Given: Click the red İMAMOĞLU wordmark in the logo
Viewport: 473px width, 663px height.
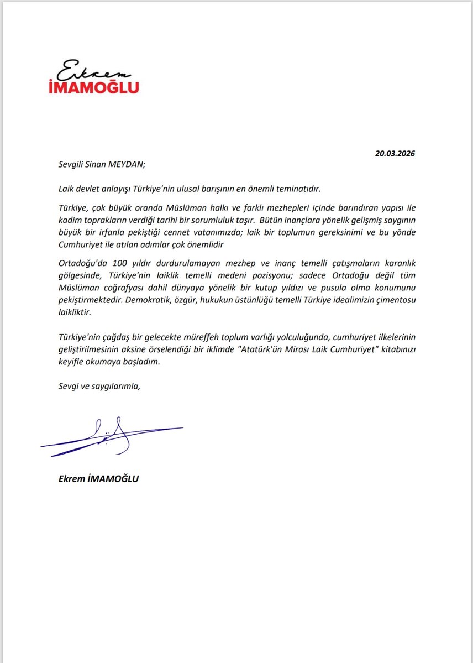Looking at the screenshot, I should tap(98, 86).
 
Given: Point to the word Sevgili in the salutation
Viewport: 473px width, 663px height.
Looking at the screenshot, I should tap(72, 163).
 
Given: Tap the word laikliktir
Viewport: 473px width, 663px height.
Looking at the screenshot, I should tap(76, 312).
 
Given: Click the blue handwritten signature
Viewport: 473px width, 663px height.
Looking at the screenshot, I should tap(111, 436).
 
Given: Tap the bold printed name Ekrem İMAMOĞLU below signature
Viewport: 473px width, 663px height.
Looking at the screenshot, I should tap(98, 479).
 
